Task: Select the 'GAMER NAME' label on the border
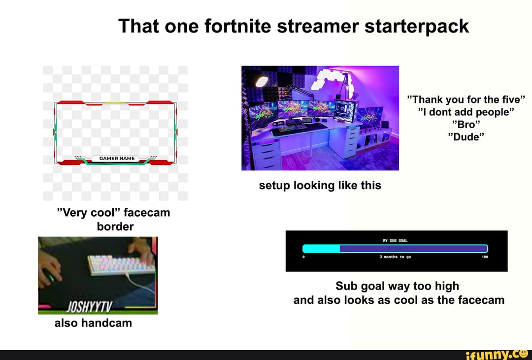click(117, 159)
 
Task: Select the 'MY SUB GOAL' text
click(396, 240)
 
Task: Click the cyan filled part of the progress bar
click(321, 249)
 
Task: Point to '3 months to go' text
click(395, 257)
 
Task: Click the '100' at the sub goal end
click(485, 257)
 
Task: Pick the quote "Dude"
click(466, 137)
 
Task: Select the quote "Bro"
click(466, 124)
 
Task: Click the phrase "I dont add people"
click(466, 112)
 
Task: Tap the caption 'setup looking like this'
click(320, 185)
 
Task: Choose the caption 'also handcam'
click(93, 323)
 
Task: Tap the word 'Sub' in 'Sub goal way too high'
click(345, 286)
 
